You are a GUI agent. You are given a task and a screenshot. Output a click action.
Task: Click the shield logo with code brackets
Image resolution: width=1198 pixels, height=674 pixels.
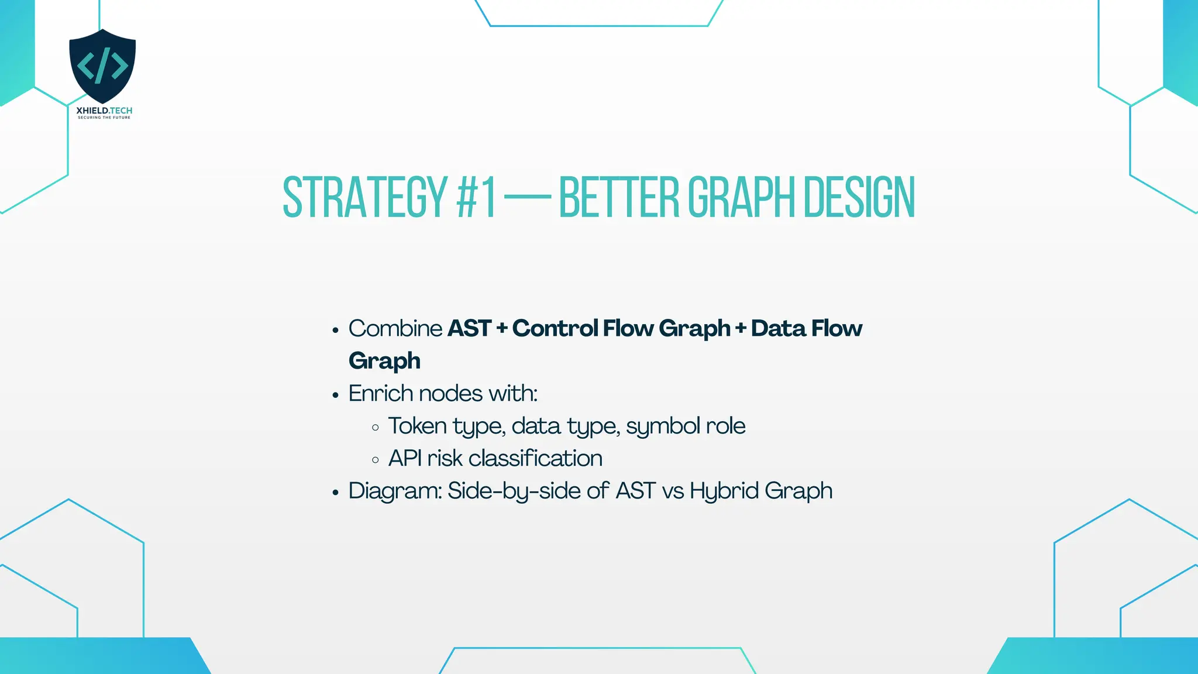102,66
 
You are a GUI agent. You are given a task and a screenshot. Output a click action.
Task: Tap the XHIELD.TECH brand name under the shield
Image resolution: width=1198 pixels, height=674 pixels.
104,111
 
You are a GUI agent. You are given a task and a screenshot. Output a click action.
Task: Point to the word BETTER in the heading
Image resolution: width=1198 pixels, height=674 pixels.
618,198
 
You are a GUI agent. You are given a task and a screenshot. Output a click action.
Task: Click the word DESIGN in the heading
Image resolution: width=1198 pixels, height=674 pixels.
859,198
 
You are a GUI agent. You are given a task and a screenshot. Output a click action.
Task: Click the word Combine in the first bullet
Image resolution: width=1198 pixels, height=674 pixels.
395,328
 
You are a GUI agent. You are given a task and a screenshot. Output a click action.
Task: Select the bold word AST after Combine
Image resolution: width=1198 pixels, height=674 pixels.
469,328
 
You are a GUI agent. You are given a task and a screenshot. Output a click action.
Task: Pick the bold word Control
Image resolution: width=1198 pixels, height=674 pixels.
554,328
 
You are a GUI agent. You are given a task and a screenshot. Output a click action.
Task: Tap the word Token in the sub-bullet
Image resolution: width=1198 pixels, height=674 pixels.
417,426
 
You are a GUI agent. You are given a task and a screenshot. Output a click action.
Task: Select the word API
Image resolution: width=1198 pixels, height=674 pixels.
405,458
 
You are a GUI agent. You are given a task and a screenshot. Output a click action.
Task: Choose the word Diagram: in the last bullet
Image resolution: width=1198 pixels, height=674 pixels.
395,491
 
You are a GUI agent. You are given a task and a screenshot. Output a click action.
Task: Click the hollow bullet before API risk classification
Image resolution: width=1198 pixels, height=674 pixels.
376,460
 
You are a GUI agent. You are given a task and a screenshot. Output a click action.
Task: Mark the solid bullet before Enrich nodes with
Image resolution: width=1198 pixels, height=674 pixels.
335,396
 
